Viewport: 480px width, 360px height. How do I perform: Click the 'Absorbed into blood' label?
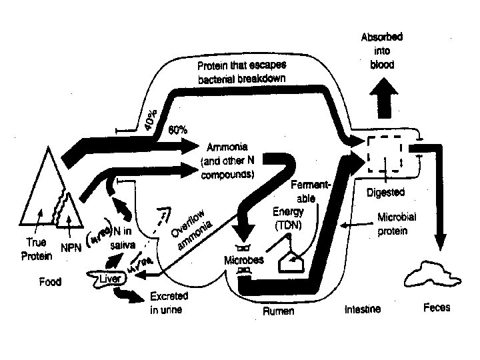[x=382, y=50]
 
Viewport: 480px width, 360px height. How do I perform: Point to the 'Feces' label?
[x=437, y=308]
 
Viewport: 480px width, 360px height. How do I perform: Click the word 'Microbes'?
[x=244, y=259]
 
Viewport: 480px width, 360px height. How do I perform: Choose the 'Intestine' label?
[x=363, y=309]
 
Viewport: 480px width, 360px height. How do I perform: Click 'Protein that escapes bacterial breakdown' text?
[x=241, y=73]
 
